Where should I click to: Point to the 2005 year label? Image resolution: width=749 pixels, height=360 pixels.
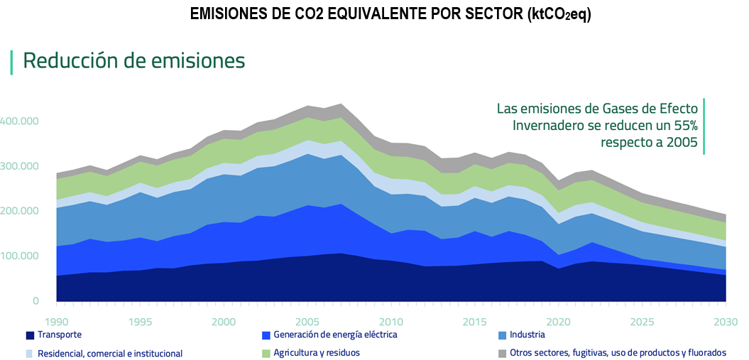click(307, 322)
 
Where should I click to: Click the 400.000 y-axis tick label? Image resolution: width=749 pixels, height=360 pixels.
click(19, 121)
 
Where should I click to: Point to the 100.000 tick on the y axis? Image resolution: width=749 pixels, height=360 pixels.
click(19, 256)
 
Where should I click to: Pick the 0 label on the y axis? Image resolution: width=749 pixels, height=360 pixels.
click(35, 301)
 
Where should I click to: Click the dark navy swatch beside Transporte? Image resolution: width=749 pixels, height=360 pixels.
click(30, 335)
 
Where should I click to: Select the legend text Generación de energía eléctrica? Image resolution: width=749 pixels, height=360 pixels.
click(335, 334)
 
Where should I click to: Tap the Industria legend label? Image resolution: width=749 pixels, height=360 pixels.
click(527, 334)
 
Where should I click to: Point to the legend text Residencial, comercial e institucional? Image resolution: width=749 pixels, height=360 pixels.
click(110, 354)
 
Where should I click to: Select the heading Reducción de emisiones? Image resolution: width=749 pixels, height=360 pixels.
click(134, 60)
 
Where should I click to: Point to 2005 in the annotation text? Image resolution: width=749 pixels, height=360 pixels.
click(683, 143)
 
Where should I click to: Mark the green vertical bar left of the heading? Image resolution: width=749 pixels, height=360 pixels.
click(11, 62)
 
